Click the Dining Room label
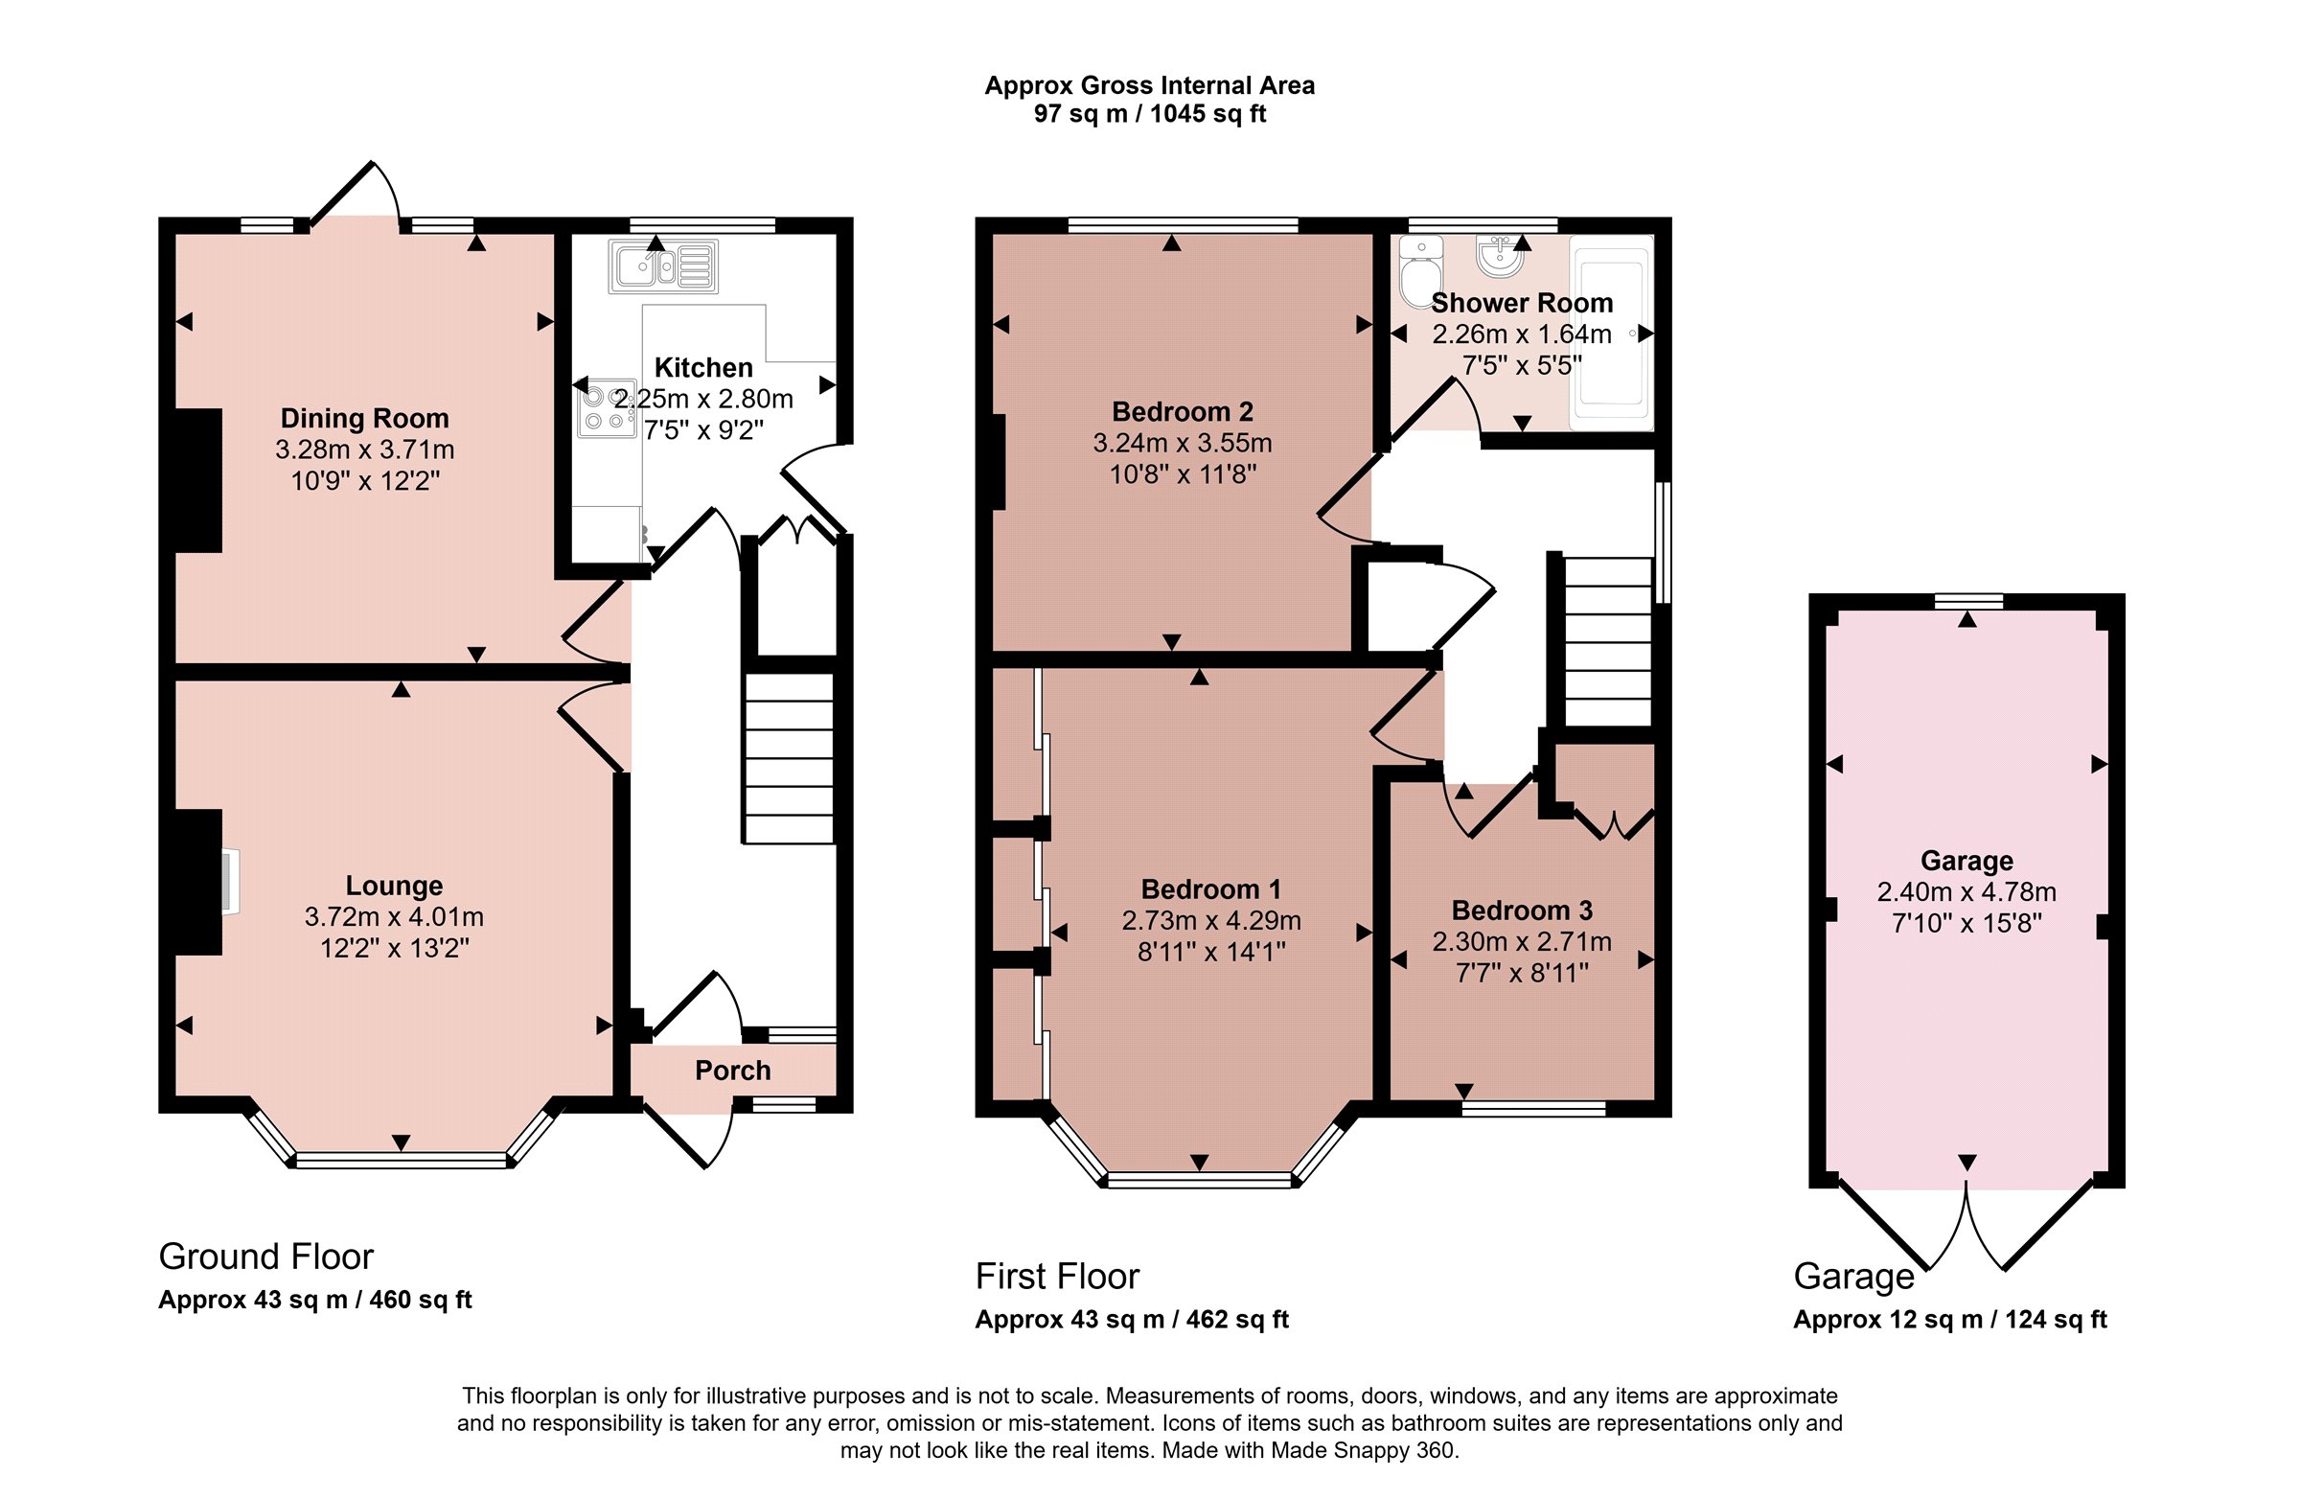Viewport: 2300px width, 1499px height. pyautogui.click(x=364, y=419)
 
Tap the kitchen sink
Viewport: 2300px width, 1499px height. pyautogui.click(x=663, y=265)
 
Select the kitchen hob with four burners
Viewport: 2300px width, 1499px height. pyautogui.click(x=607, y=408)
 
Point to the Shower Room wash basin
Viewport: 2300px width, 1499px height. pyautogui.click(x=1500, y=256)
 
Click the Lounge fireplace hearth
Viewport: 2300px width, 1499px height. pyautogui.click(x=230, y=882)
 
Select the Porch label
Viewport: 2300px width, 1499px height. pyautogui.click(x=732, y=1071)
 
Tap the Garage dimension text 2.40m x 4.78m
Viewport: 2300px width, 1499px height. pyautogui.click(x=1966, y=892)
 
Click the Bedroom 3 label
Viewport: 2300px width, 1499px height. pyautogui.click(x=1522, y=911)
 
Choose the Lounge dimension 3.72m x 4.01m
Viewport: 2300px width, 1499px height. pyautogui.click(x=394, y=917)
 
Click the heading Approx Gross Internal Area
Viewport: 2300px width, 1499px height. pyautogui.click(x=1149, y=86)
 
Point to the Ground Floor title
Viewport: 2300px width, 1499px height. pyautogui.click(x=265, y=1257)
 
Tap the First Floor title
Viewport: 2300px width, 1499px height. pyautogui.click(x=1057, y=1277)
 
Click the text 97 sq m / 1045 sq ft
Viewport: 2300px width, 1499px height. pyautogui.click(x=1149, y=114)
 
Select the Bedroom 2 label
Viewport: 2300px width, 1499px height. pyautogui.click(x=1182, y=412)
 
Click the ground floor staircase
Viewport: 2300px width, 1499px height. pyautogui.click(x=789, y=759)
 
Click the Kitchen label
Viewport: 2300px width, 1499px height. pyautogui.click(x=703, y=368)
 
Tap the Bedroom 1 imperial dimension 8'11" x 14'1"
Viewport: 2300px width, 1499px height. pyautogui.click(x=1211, y=952)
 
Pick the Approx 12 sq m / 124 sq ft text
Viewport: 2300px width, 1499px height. pyautogui.click(x=1950, y=1320)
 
